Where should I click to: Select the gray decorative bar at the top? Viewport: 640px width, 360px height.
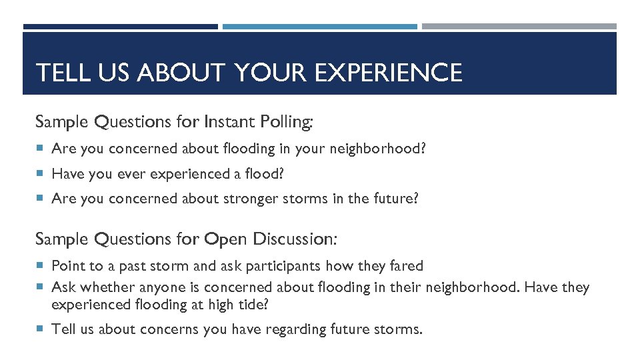(519, 27)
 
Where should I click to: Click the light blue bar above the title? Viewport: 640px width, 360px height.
(319, 27)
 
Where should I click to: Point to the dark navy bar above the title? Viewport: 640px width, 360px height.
(120, 27)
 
